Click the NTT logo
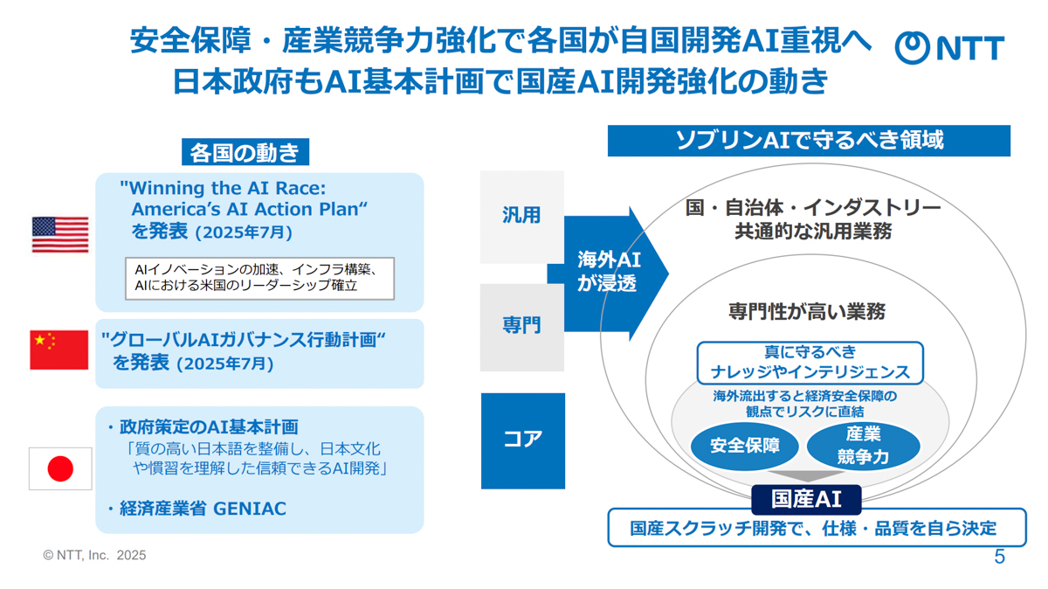[949, 48]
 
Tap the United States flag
[60, 234]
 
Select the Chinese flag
[59, 350]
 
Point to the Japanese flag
[60, 468]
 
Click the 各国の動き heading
[245, 152]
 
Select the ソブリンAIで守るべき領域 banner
[809, 141]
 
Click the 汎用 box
[522, 217]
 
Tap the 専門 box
[522, 328]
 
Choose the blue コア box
[523, 440]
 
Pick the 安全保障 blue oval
[744, 447]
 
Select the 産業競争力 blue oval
[863, 447]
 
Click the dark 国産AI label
[806, 499]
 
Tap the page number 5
[999, 557]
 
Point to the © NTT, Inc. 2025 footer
[94, 555]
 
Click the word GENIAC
[250, 509]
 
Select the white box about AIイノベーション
[259, 278]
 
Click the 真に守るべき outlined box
[810, 363]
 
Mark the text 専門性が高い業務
[807, 312]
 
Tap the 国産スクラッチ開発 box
[817, 528]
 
